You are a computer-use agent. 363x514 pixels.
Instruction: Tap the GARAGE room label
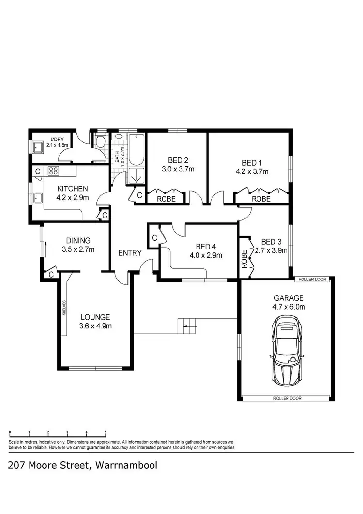click(288, 298)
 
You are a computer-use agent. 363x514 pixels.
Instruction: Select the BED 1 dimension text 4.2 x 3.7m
click(251, 171)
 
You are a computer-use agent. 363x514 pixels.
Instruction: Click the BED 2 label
click(178, 160)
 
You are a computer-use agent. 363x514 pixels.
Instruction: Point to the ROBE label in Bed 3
click(244, 259)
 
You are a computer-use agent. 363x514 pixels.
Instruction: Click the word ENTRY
click(130, 253)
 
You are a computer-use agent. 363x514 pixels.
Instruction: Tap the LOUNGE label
click(95, 317)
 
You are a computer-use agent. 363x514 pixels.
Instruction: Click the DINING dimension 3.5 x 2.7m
click(77, 249)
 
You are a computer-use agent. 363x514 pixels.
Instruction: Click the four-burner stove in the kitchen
click(53, 171)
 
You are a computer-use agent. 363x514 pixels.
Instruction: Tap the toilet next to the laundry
click(100, 142)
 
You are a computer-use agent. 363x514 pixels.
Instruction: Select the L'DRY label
click(57, 140)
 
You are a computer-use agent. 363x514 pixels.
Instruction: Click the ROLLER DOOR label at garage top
click(313, 280)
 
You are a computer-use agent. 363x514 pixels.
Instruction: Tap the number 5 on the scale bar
click(106, 432)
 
